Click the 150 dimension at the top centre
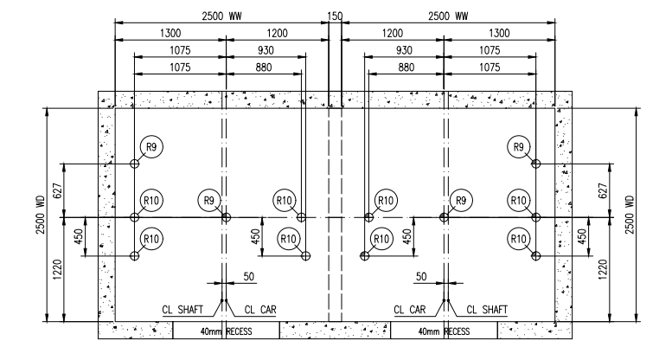tap(335, 16)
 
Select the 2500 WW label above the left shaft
tap(222, 16)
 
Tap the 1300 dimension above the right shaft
tap(499, 33)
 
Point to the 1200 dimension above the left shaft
tap(278, 33)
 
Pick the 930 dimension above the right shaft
tap(404, 50)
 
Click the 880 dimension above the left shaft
tap(264, 67)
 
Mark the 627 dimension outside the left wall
tap(57, 190)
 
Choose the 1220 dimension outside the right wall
tap(603, 269)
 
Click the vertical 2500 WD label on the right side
tap(629, 215)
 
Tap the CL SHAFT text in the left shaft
tap(182, 309)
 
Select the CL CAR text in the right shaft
tap(410, 309)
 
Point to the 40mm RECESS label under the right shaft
tap(444, 331)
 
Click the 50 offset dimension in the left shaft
tap(249, 277)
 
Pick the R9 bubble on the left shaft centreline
tap(209, 201)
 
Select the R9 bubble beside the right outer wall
tap(519, 147)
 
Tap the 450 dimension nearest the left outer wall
tap(79, 236)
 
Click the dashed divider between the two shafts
tap(336, 215)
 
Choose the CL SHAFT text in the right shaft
tap(487, 309)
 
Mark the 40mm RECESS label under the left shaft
tap(227, 331)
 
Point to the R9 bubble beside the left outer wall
tap(151, 147)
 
